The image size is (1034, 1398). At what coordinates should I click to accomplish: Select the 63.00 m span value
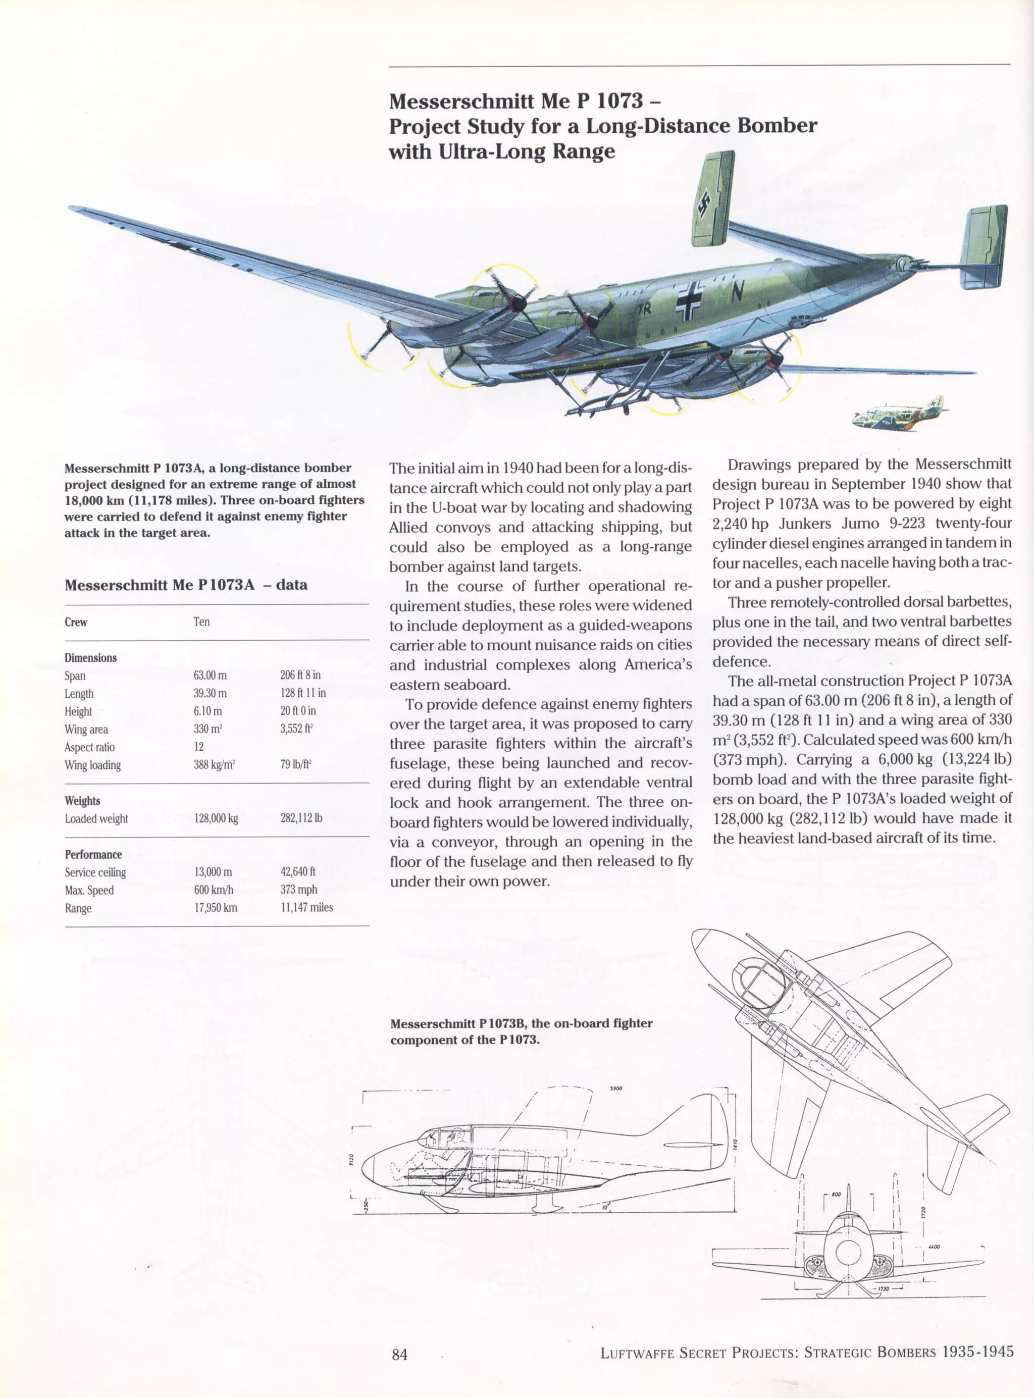tap(211, 675)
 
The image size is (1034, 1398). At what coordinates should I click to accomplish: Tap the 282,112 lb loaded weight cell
tap(302, 818)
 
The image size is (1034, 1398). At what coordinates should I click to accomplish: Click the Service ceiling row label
tap(95, 872)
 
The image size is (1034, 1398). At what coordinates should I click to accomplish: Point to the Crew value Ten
tap(201, 622)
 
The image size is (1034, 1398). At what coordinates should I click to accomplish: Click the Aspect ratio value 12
tap(198, 747)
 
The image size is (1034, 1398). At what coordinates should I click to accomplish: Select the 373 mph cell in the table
tap(299, 889)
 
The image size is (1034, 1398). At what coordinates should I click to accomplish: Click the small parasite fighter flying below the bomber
tap(898, 415)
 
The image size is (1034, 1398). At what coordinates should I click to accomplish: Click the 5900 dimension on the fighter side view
tap(615, 1088)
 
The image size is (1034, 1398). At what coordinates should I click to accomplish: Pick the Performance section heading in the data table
tap(93, 854)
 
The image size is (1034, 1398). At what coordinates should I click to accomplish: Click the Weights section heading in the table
tap(82, 800)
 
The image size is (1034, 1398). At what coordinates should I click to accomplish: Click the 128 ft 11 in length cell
tap(303, 693)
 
